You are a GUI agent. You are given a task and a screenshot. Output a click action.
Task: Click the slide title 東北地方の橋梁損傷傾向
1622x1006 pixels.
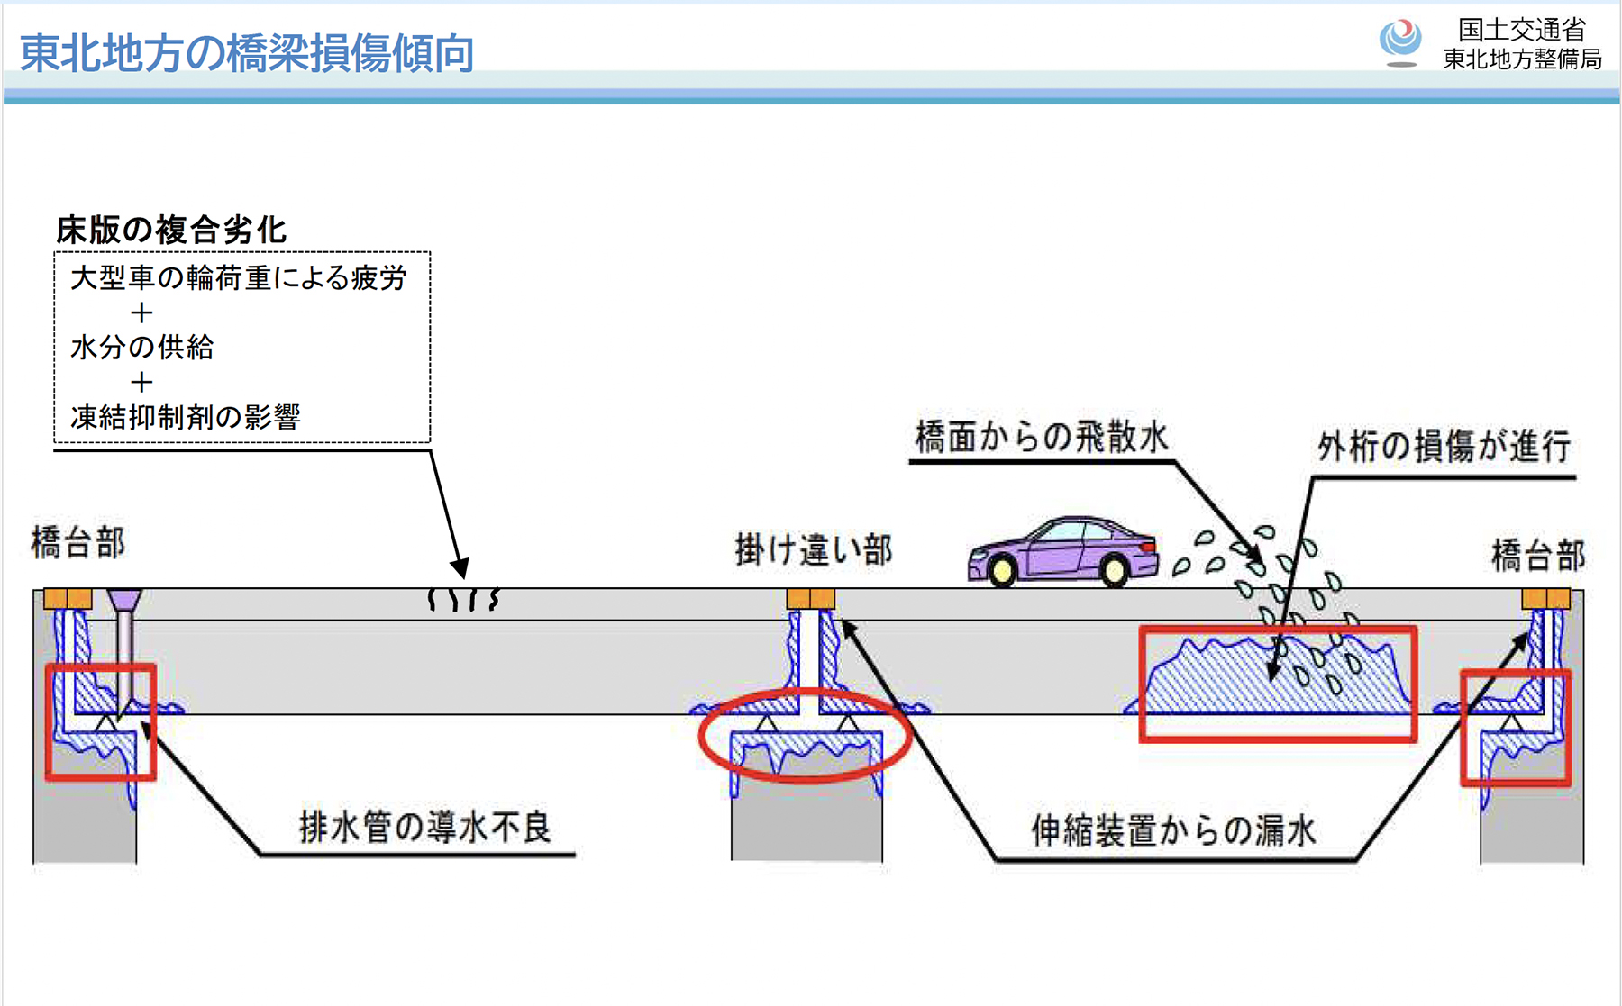click(247, 53)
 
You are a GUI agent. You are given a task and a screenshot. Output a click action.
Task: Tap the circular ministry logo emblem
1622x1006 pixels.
click(1400, 40)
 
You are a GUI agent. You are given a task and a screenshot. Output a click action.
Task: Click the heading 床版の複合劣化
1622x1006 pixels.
click(171, 231)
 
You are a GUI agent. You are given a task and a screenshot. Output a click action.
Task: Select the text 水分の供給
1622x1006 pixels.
click(142, 347)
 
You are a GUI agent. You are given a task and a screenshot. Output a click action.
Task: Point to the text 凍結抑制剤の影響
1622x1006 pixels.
click(186, 417)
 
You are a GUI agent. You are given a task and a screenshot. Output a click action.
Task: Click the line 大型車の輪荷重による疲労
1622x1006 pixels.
click(239, 278)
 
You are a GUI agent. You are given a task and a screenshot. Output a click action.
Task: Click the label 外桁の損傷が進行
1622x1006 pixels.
click(1444, 446)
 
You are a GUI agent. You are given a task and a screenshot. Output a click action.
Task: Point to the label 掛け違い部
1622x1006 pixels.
click(814, 549)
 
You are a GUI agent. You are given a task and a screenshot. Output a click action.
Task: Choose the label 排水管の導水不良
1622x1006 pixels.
click(424, 827)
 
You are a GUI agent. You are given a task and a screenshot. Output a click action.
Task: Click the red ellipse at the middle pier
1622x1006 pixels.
click(806, 734)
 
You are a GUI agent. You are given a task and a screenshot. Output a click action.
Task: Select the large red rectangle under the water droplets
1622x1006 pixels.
click(1278, 684)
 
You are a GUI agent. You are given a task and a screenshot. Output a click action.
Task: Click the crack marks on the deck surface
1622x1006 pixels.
click(463, 600)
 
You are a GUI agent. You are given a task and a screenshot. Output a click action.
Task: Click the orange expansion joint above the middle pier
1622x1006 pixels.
click(810, 599)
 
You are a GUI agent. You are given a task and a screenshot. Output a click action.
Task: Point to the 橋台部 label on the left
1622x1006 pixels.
click(78, 543)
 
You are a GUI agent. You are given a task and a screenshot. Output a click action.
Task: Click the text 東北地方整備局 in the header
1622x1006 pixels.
click(1522, 59)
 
